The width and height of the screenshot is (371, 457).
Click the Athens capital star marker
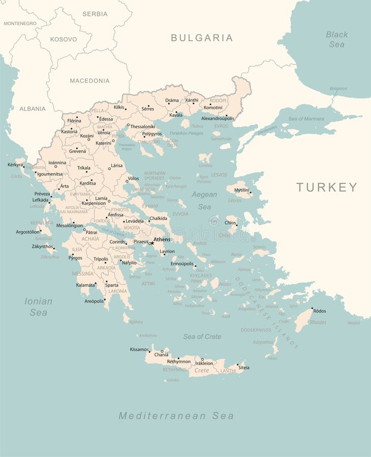(x=151, y=243)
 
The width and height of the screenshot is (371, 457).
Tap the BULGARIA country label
(x=202, y=38)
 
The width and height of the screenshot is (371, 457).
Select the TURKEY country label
(x=327, y=187)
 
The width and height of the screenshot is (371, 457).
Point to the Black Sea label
(x=336, y=39)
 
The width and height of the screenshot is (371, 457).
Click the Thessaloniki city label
(x=143, y=126)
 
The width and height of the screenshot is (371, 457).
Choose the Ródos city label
(x=320, y=311)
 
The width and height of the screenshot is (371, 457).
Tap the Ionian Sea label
(x=39, y=307)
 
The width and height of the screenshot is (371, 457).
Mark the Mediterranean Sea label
(x=176, y=416)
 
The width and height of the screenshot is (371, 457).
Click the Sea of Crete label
(x=202, y=337)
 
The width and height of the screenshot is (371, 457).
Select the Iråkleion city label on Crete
(x=204, y=364)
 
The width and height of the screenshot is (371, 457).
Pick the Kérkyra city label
(x=15, y=165)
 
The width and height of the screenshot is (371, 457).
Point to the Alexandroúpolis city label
(x=218, y=118)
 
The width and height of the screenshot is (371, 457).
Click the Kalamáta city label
(x=86, y=285)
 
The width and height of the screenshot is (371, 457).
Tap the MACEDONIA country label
(x=90, y=81)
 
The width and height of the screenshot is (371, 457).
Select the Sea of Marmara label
(x=306, y=119)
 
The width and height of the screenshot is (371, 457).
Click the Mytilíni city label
(x=241, y=190)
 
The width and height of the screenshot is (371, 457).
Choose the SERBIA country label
(x=95, y=14)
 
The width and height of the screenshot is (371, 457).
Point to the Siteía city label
(x=244, y=368)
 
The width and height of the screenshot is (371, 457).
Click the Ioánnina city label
(x=57, y=163)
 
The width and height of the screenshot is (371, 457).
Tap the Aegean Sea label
(x=204, y=201)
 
